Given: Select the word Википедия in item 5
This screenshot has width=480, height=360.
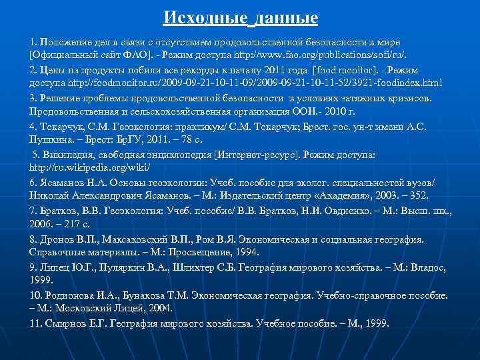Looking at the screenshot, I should pyautogui.click(x=65, y=155).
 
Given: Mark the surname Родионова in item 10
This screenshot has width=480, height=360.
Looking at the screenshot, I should pyautogui.click(x=70, y=295).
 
